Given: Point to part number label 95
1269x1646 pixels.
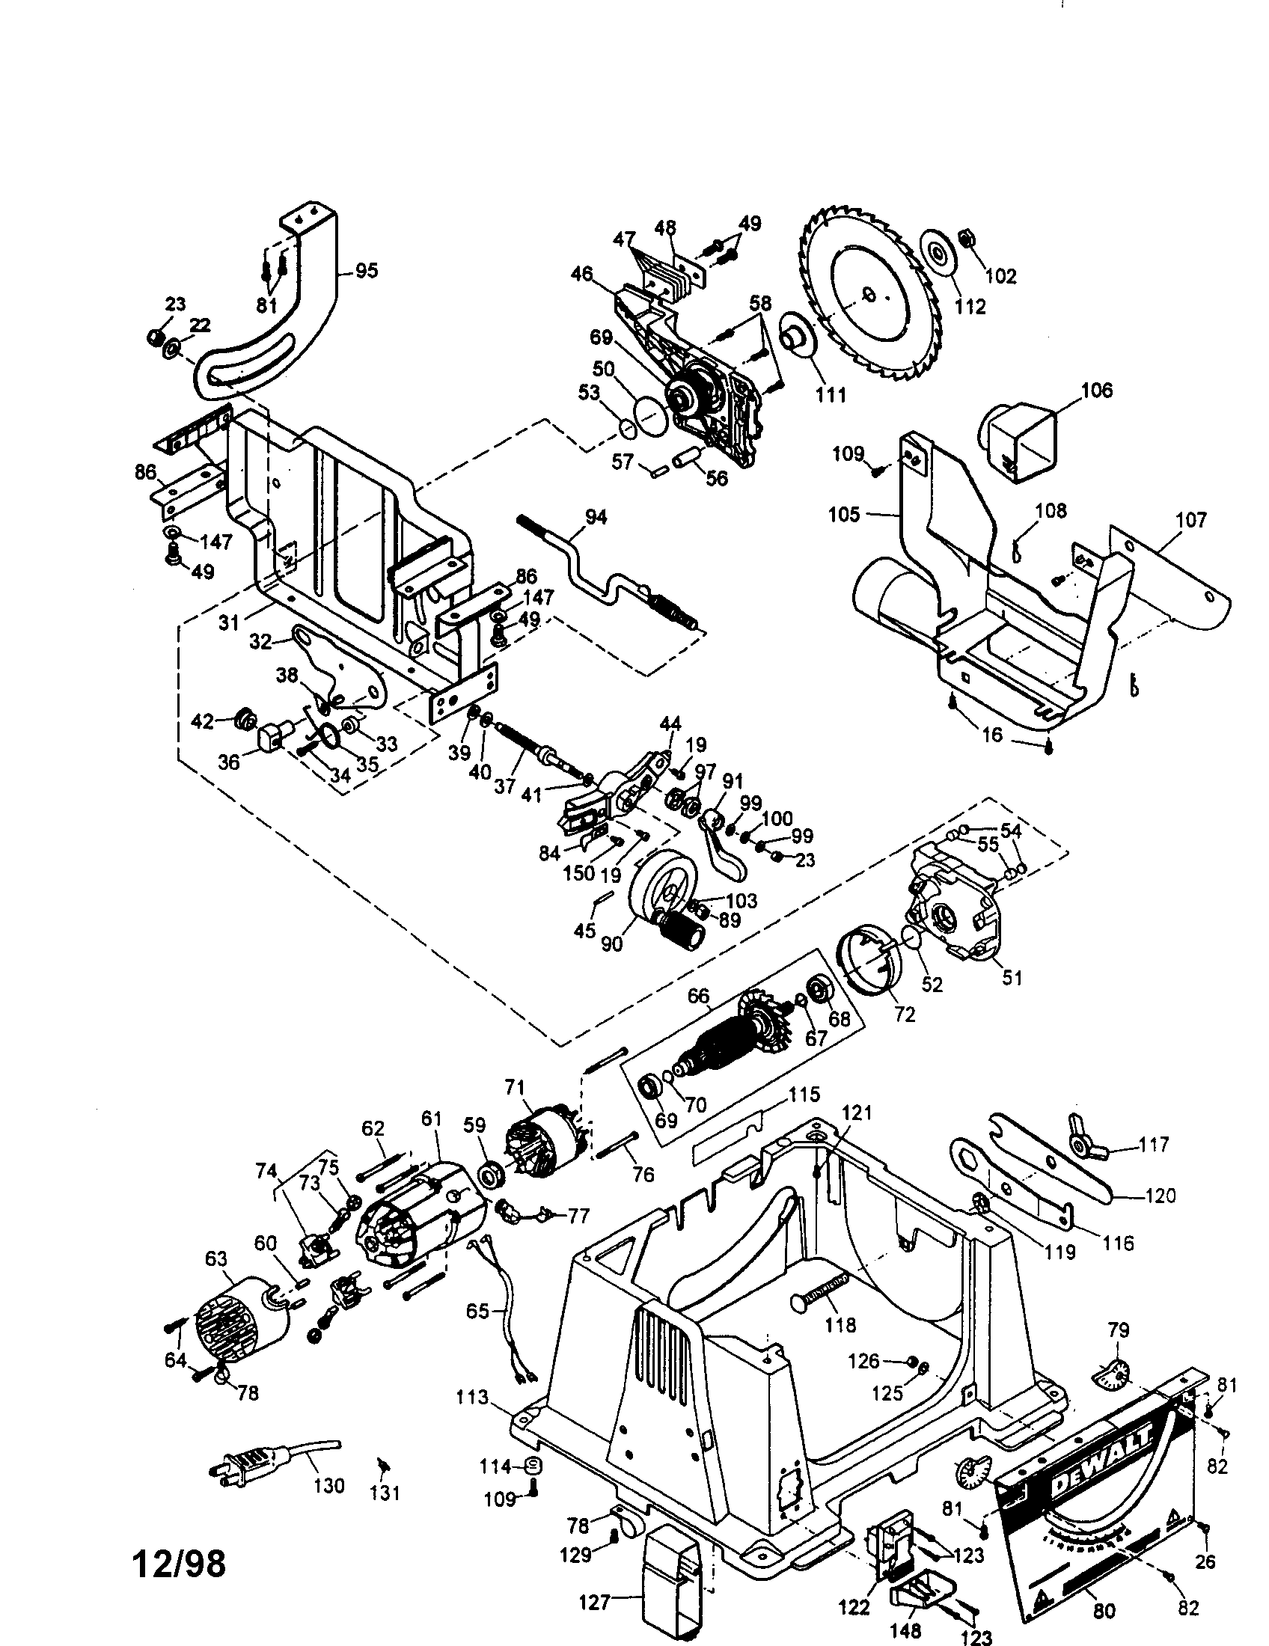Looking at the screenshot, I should click(x=366, y=271).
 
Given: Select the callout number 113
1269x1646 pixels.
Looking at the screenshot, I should click(x=472, y=1398).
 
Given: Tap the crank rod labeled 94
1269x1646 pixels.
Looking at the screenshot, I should click(x=603, y=577).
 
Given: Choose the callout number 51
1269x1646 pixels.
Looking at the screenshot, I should click(x=1012, y=978).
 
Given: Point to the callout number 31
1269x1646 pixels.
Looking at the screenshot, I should click(x=229, y=622).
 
